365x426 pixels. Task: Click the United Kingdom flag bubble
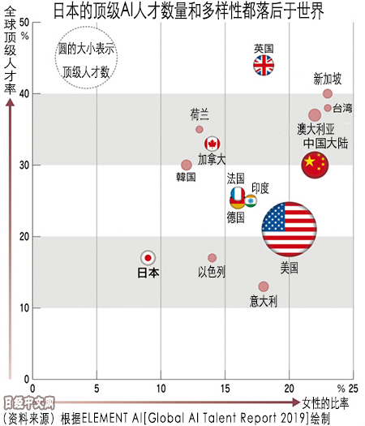tap(264, 66)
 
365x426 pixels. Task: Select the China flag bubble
tap(315, 165)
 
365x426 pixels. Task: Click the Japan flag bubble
tap(148, 257)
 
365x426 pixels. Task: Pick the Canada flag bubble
tap(213, 144)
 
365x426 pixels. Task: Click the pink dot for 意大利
tap(264, 286)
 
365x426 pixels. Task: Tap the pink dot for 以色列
tap(212, 258)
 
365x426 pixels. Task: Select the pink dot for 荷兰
tap(200, 129)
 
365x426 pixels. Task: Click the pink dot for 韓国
tap(187, 165)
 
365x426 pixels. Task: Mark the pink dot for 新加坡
tap(328, 93)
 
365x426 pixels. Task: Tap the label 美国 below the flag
tap(289, 266)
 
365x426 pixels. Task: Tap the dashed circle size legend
tap(86, 59)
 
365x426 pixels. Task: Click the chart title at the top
tap(182, 11)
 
